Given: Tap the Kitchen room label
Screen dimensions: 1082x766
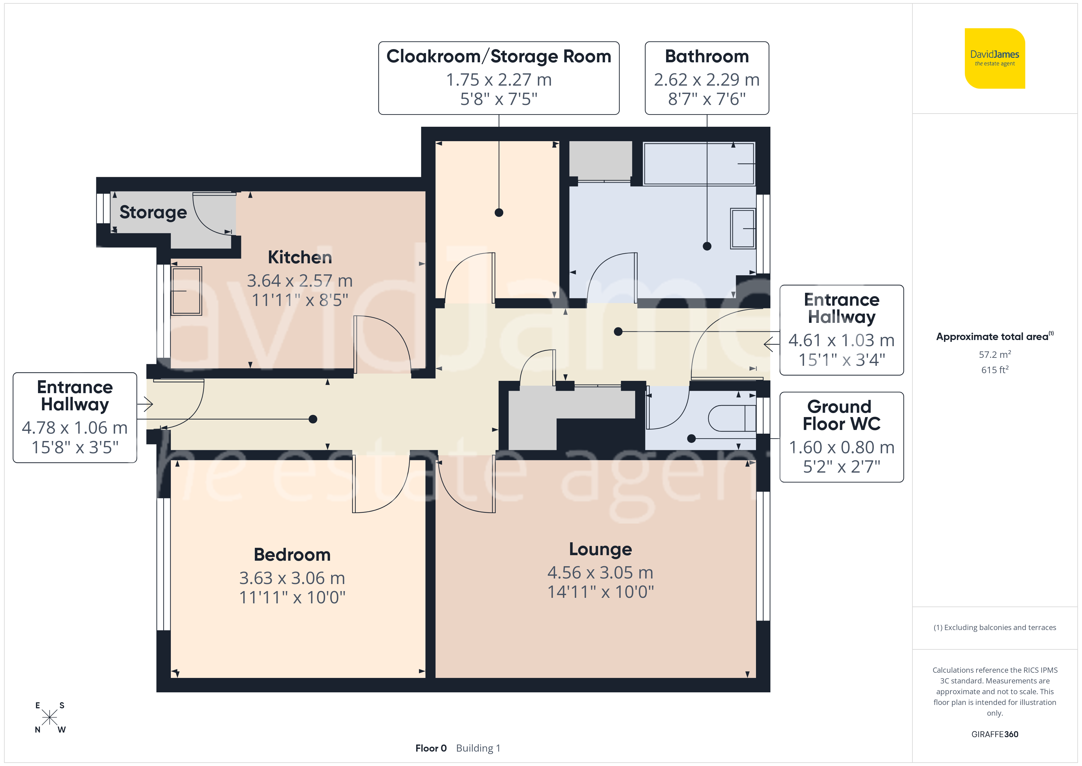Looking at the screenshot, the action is coord(300,257).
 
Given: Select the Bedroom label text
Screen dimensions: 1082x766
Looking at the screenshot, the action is coord(292,555).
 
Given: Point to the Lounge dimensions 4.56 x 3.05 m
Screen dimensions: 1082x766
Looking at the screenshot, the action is coord(600,573).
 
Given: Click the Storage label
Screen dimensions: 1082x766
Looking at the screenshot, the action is coord(153,213).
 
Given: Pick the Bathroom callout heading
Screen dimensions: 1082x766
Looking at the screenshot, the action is coord(707,56).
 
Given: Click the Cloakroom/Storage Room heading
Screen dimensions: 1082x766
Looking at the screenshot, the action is coord(499,56).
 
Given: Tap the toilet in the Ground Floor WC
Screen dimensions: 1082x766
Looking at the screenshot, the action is coord(732,418).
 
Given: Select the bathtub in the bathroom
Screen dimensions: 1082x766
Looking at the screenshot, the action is coord(699,164).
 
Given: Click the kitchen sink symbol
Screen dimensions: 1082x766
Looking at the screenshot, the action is coord(186,291).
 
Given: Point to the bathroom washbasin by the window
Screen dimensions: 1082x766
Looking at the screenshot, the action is coord(743,228).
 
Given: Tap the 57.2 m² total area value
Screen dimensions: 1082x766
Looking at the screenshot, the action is coord(995,354).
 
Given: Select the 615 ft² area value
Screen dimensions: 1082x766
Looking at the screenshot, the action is coord(995,370).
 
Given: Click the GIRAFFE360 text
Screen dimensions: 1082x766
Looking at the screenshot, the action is coord(995,734).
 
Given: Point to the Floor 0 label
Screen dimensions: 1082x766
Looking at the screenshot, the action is coord(431,749).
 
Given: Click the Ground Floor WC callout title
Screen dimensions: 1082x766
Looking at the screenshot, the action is coord(841,416).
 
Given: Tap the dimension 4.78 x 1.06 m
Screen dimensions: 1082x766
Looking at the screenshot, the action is coord(75,428).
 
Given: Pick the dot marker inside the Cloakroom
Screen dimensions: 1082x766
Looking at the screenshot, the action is coord(499,213).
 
